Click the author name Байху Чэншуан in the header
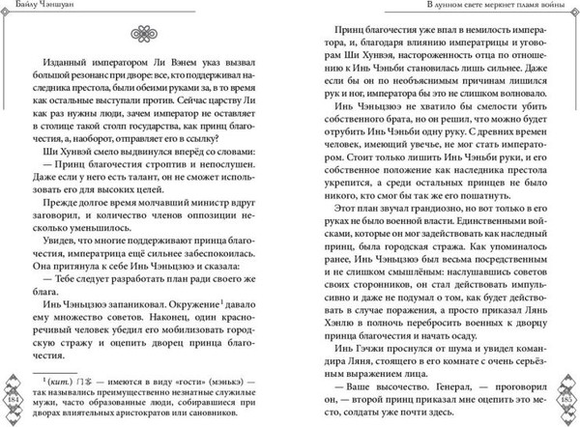point(38,8)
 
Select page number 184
point(14,400)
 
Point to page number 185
point(565,400)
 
